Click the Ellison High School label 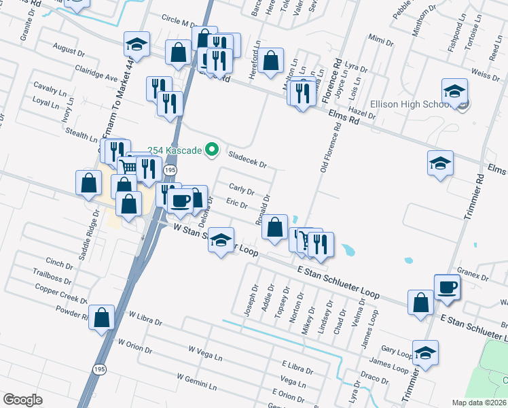pyautogui.click(x=410, y=105)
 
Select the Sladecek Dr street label pyautogui.click(x=247, y=159)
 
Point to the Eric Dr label pyautogui.click(x=236, y=203)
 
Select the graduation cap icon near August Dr pyautogui.click(x=137, y=45)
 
